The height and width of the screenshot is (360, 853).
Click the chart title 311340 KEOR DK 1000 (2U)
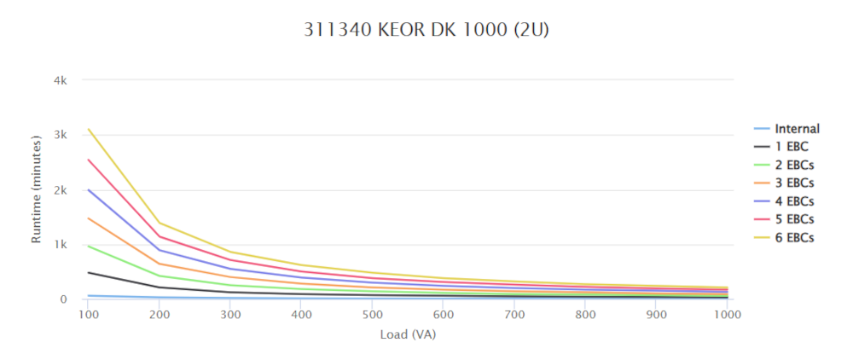[426, 30]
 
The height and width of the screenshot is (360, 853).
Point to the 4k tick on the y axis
[61, 80]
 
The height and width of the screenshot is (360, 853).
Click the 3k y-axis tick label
[61, 135]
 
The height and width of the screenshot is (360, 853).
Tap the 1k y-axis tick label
[61, 245]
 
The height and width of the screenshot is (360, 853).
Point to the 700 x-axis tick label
[514, 314]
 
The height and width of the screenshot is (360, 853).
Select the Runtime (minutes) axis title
[37, 189]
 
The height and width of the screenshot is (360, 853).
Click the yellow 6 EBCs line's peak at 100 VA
[88, 130]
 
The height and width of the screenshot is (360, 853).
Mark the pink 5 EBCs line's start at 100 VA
[88, 160]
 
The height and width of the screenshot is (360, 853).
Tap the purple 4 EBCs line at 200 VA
[160, 250]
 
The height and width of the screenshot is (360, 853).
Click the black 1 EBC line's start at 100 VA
[88, 272]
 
